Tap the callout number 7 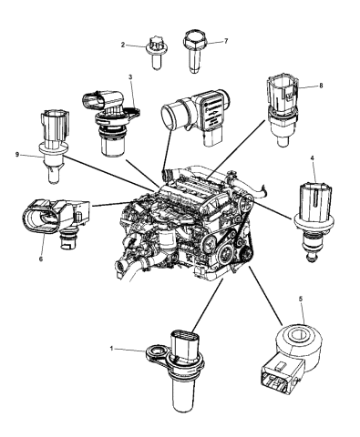(x=225, y=41)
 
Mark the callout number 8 (x=320, y=86)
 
